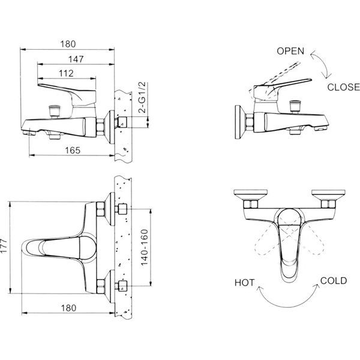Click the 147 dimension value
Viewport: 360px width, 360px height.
pos(76,59)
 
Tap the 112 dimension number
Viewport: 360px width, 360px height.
pos(67,73)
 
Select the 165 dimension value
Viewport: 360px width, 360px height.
pos(73,151)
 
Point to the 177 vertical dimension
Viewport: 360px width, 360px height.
pos(4,246)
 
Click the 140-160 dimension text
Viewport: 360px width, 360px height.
pos(145,247)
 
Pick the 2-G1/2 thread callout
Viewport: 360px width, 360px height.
pos(143,97)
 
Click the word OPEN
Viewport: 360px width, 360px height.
pos(290,51)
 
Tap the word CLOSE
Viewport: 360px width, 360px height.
pos(343,87)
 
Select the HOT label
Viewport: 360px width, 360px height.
pos(245,283)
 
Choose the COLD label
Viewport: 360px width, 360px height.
pos(334,281)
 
